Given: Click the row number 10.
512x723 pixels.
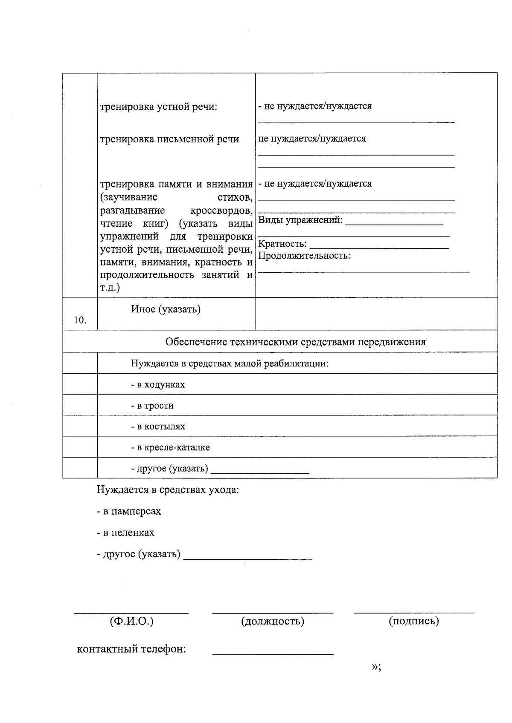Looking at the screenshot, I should (x=80, y=320).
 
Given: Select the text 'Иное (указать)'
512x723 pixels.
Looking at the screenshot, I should (x=166, y=309).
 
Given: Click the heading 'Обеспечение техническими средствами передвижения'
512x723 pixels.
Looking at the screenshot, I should (x=295, y=342).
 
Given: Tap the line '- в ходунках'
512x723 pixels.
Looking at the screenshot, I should (x=158, y=385).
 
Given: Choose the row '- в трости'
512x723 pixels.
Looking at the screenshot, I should (x=152, y=406).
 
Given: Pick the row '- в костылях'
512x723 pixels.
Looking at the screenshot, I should (x=158, y=426).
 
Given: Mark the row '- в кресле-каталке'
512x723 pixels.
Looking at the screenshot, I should (x=170, y=447).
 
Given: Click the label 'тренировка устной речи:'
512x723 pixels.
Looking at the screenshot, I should (x=159, y=107).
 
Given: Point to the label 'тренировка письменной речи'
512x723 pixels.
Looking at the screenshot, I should (x=169, y=139).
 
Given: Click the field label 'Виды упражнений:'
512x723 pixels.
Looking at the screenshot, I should (x=300, y=220).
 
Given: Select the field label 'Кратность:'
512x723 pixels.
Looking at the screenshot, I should (x=282, y=244).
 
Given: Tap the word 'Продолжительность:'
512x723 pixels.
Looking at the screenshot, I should (x=304, y=256).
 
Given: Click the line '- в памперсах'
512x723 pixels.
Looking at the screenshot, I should (x=129, y=511).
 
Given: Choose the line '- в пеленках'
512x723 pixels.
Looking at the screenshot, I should (x=125, y=533).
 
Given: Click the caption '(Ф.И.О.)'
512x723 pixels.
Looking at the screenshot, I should (x=131, y=621).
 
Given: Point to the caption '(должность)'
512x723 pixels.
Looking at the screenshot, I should (x=273, y=621).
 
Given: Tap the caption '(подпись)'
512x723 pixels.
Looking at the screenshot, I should (x=413, y=621).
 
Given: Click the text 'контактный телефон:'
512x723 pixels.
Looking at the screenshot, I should (x=131, y=649).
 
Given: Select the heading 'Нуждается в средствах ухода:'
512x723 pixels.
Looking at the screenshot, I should (x=168, y=490).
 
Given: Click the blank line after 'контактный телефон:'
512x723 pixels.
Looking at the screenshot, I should (x=273, y=653).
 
